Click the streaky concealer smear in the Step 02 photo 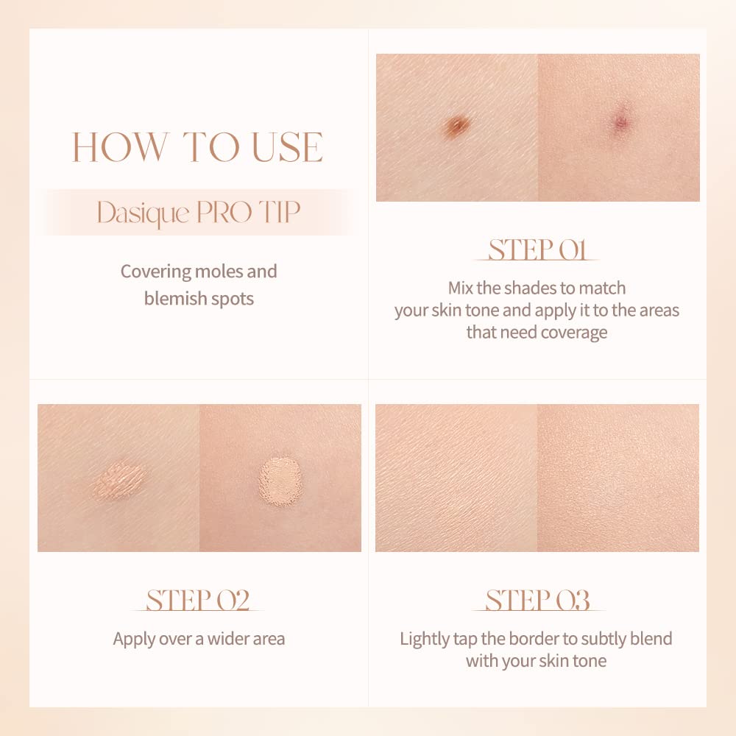pyautogui.click(x=118, y=482)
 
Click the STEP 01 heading pyautogui.click(x=537, y=250)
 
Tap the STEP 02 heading pyautogui.click(x=197, y=600)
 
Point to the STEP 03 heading pyautogui.click(x=537, y=600)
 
